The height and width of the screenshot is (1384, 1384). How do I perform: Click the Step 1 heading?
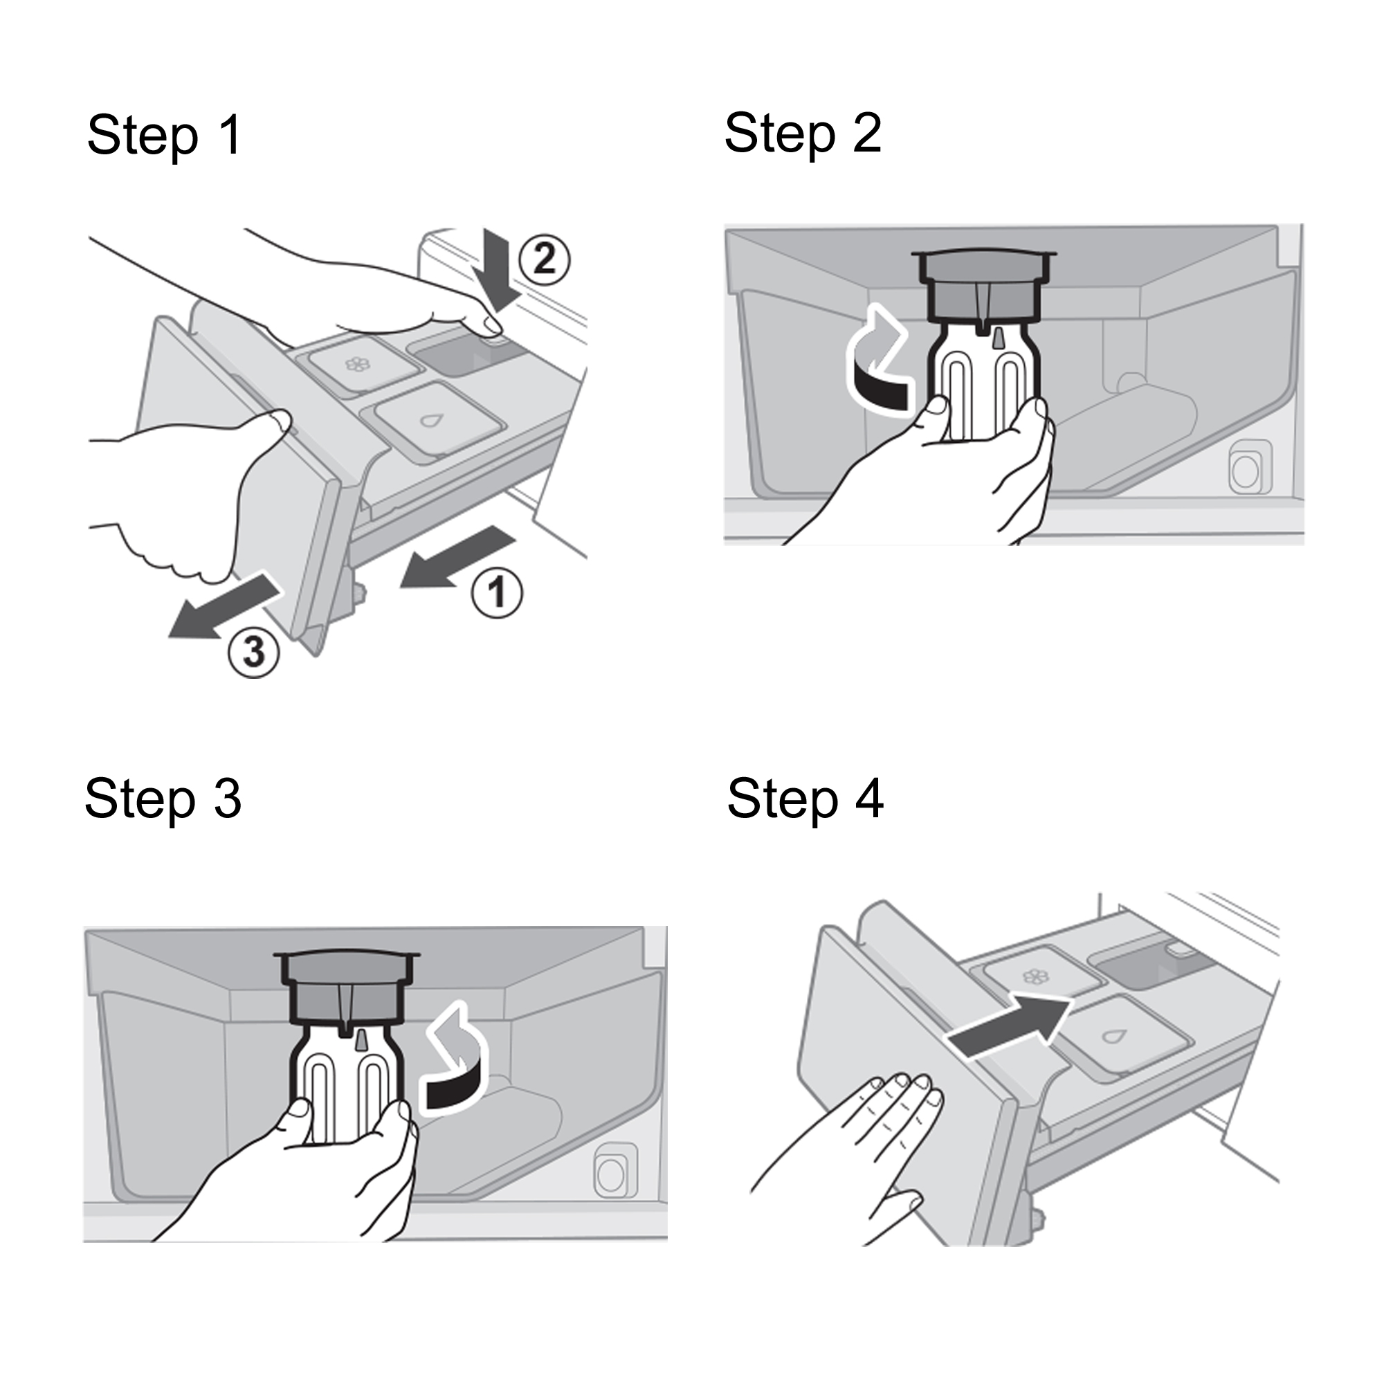(165, 136)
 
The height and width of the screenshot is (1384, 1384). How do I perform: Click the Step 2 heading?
(803, 134)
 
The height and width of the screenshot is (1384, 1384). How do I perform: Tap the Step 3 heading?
(163, 799)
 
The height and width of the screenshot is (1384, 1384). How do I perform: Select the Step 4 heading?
(806, 799)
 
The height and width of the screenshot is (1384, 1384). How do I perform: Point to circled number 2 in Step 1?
(545, 260)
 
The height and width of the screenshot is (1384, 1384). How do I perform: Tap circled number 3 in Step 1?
(254, 653)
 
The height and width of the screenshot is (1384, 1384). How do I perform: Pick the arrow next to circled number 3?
(224, 603)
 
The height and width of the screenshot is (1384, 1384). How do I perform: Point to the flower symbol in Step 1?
(358, 365)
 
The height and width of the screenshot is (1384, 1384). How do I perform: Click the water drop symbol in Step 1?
(430, 421)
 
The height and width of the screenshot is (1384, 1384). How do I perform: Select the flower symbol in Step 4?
(1035, 977)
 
